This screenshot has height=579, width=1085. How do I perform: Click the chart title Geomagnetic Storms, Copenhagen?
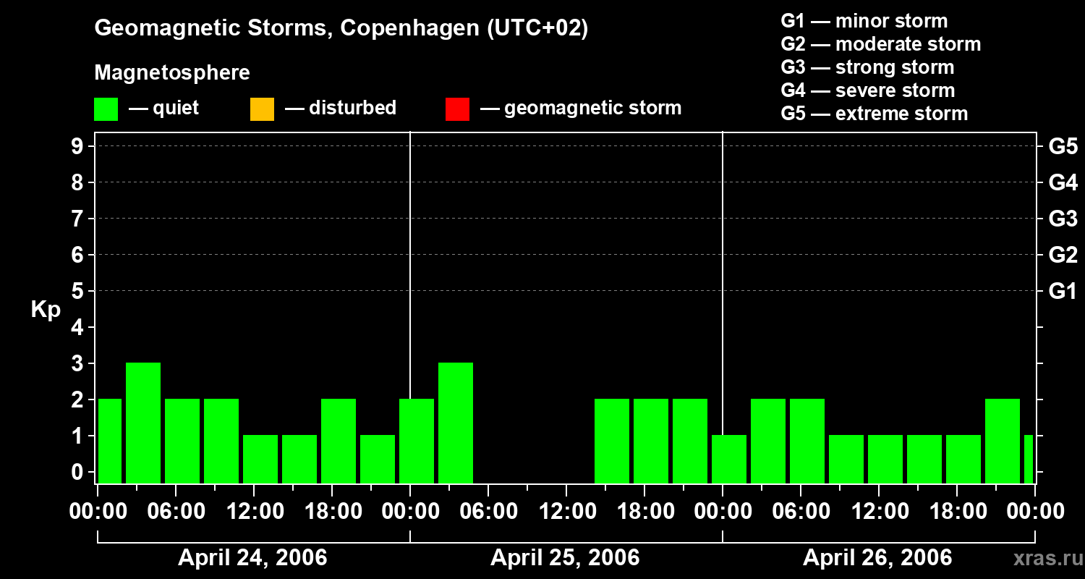point(341,28)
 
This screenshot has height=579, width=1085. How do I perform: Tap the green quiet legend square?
point(106,109)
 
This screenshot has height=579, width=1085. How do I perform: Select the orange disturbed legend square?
point(262,109)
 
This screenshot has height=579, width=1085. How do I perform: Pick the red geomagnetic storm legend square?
point(457,109)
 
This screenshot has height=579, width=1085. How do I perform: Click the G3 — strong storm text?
point(867,67)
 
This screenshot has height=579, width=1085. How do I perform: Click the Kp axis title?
point(46,310)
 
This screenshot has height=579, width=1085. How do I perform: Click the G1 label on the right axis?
point(1063,292)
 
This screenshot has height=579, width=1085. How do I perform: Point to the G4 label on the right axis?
point(1063,182)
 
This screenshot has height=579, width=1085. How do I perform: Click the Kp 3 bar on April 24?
point(143,423)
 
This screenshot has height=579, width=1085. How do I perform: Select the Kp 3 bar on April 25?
point(456,423)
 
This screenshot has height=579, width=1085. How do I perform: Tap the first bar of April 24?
point(110,440)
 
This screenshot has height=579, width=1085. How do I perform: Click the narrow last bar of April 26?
point(1029,459)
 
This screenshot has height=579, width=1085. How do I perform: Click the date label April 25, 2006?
point(565,558)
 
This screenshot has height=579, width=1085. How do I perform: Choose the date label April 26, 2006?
point(877,558)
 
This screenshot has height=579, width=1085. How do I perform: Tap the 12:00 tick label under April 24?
point(255,511)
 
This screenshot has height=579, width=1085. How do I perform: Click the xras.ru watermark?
point(1047,559)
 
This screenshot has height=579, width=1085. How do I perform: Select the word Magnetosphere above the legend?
point(172,73)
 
